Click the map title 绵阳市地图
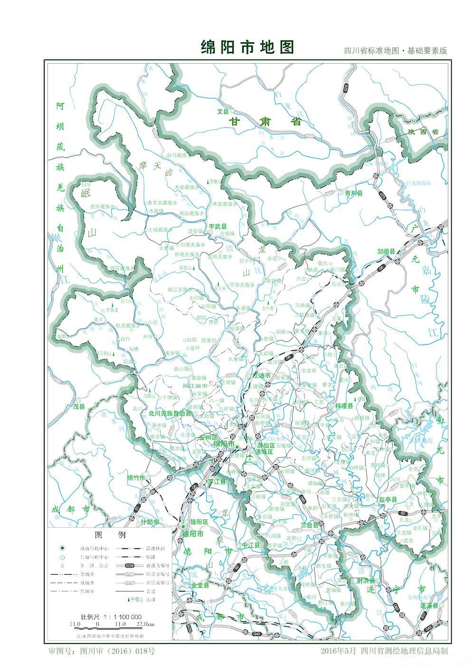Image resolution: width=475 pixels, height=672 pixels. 247,47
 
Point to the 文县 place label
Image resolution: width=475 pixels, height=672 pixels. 223,112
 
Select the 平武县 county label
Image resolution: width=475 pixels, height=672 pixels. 218,226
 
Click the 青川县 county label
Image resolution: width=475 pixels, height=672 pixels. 353,193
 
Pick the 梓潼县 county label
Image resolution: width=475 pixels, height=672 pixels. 344,406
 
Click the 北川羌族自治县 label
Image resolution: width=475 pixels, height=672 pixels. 170,414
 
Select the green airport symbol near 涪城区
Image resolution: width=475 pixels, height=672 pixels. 250,457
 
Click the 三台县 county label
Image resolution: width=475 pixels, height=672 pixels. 310,525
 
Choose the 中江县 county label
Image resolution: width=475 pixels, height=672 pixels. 251,545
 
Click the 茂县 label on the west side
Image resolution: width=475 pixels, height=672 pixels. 78,407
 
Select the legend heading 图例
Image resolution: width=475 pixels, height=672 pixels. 110,535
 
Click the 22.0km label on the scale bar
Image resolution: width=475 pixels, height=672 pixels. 148,624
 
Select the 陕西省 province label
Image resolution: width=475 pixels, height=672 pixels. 424,132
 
